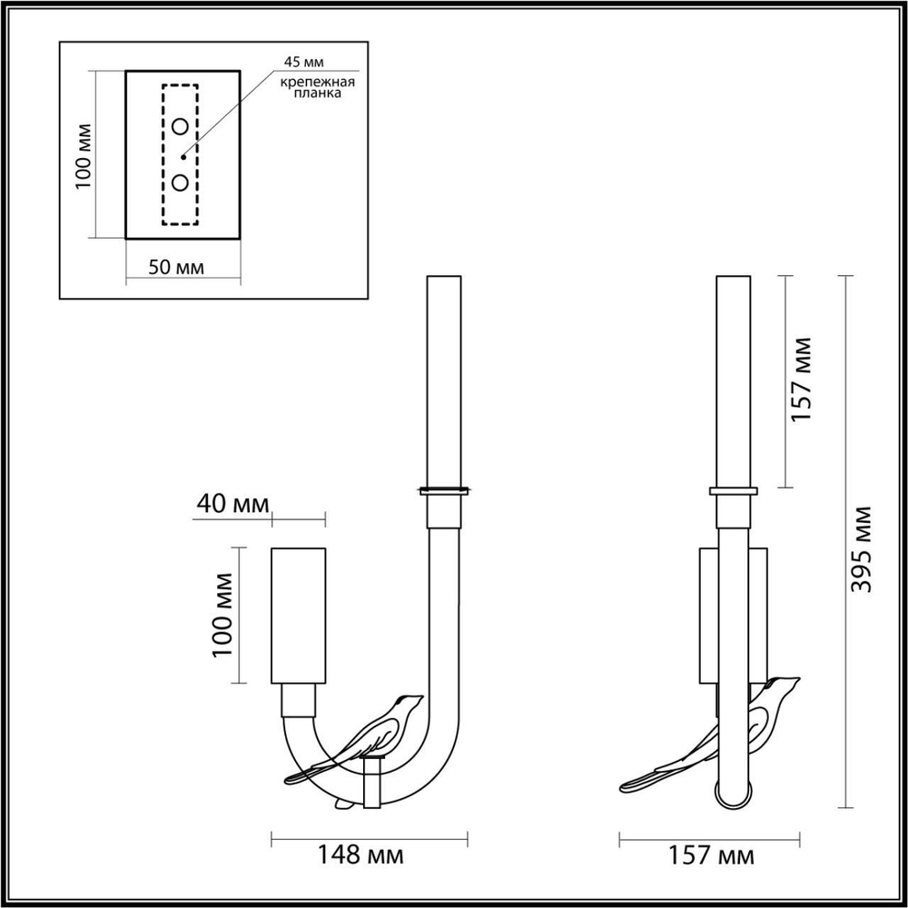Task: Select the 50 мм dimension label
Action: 176,267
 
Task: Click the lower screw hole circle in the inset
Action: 181,183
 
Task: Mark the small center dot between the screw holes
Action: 181,153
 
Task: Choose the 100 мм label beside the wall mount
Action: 223,616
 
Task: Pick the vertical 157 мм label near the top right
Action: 800,379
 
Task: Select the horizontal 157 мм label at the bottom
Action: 711,854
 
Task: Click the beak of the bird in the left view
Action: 419,697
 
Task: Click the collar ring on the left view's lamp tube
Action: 443,491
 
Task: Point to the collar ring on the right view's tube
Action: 734,491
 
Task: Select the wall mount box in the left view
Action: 298,615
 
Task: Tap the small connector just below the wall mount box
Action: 298,700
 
